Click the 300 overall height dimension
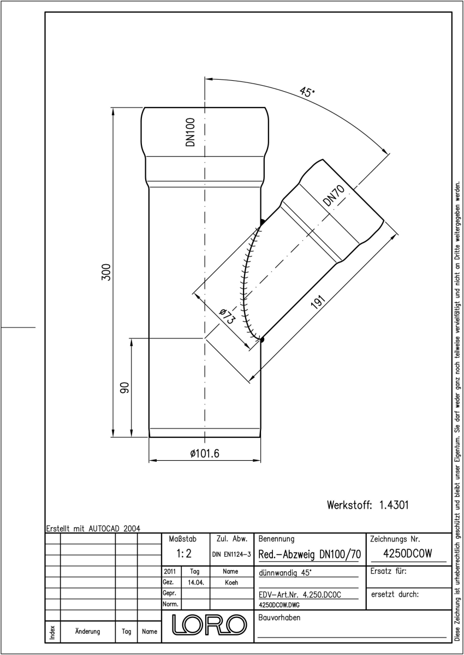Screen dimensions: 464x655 pyautogui.click(x=106, y=272)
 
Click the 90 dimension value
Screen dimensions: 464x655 pyautogui.click(x=125, y=388)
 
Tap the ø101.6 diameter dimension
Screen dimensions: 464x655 pyautogui.click(x=204, y=453)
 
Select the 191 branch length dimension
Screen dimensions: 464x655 pyautogui.click(x=318, y=302)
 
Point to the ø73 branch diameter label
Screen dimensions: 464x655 pyautogui.click(x=227, y=317)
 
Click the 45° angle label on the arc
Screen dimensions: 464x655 pyautogui.click(x=307, y=92)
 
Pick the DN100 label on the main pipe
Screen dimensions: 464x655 pyautogui.click(x=190, y=132)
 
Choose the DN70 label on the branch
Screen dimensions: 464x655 pyautogui.click(x=334, y=195)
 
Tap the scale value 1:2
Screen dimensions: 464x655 pyautogui.click(x=184, y=553)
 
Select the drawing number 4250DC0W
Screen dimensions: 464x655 pyautogui.click(x=407, y=553)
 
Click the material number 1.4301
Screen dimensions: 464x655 pyautogui.click(x=394, y=505)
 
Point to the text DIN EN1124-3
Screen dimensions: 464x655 pyautogui.click(x=231, y=555)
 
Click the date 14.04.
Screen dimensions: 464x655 pyautogui.click(x=196, y=582)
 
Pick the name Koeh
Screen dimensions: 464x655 pyautogui.click(x=231, y=582)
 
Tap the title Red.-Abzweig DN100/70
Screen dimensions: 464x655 pyautogui.click(x=310, y=554)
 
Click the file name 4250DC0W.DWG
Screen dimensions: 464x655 pyautogui.click(x=279, y=605)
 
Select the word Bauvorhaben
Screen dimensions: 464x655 pyautogui.click(x=279, y=617)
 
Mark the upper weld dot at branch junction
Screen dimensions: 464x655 pyautogui.click(x=262, y=222)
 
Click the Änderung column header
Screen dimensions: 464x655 pyautogui.click(x=87, y=632)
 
